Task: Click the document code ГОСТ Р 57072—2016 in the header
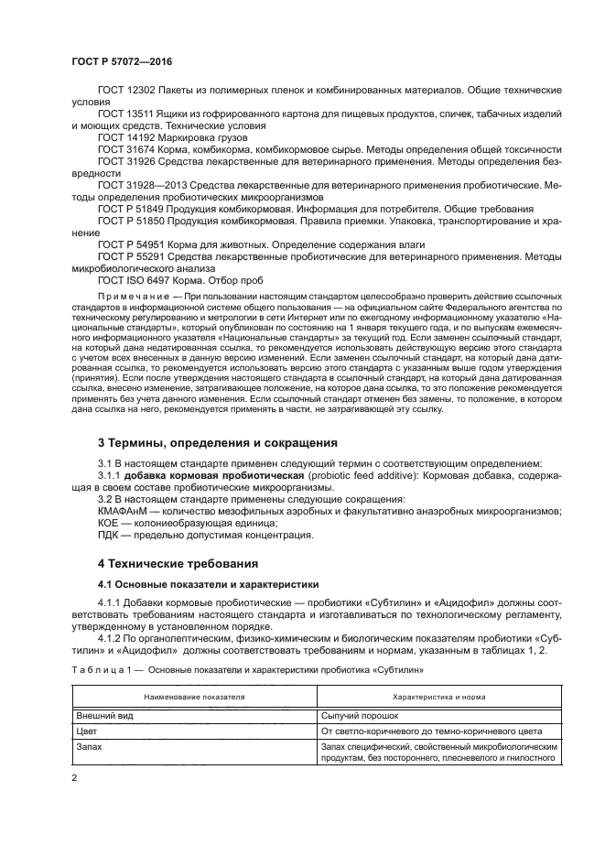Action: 121,61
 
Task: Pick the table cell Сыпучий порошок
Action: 360,714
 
